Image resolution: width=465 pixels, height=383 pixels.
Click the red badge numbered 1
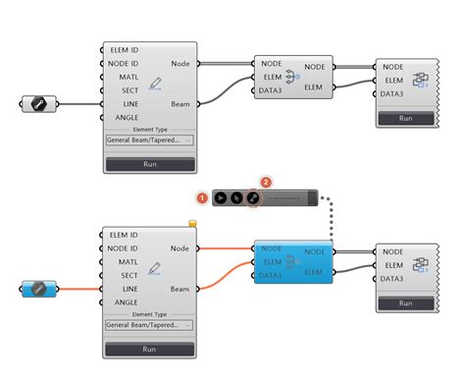click(x=202, y=197)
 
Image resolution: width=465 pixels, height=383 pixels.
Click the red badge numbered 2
click(x=264, y=183)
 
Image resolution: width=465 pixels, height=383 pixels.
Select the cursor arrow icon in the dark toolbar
click(x=220, y=197)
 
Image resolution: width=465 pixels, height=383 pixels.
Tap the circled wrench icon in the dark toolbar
click(x=252, y=197)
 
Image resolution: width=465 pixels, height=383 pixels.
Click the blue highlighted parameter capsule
click(x=38, y=289)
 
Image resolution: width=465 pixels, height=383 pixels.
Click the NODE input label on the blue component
click(x=272, y=249)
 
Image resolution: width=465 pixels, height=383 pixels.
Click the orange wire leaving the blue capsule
click(x=78, y=289)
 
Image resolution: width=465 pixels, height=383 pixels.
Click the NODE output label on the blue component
click(x=317, y=252)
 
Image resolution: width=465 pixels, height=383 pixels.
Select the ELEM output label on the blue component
click(x=317, y=272)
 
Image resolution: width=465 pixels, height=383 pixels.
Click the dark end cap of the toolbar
click(x=314, y=197)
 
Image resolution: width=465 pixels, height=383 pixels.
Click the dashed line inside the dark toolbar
click(x=284, y=197)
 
